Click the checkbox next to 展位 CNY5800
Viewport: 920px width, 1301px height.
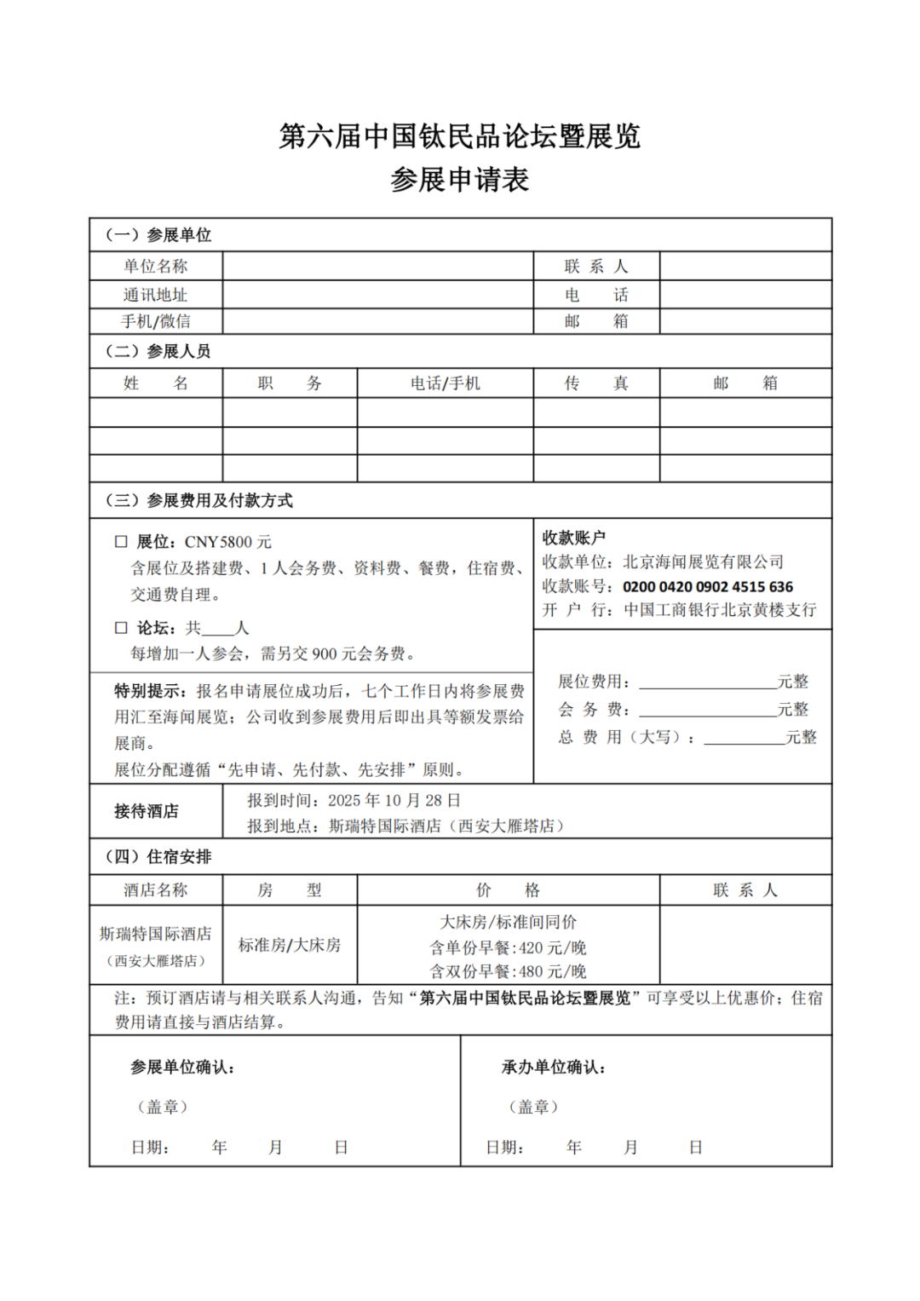pyautogui.click(x=121, y=542)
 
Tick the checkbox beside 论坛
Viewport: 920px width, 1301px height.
pyautogui.click(x=121, y=628)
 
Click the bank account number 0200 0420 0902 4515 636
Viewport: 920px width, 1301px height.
pyautogui.click(x=707, y=587)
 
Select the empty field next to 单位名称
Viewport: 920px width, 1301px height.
pyautogui.click(x=377, y=267)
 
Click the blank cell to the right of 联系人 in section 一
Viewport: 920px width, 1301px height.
pyautogui.click(x=745, y=267)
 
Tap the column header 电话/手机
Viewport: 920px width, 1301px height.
pyautogui.click(x=445, y=383)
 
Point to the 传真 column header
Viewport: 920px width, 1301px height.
pyautogui.click(x=596, y=383)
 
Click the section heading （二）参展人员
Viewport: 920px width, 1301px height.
pyautogui.click(x=158, y=351)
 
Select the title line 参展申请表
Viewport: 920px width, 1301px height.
pyautogui.click(x=460, y=180)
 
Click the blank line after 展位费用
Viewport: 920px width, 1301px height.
pyautogui.click(x=707, y=682)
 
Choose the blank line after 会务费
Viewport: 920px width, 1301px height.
pyautogui.click(x=707, y=710)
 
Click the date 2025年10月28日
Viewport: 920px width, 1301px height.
pyautogui.click(x=394, y=801)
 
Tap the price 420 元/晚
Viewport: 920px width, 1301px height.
pyautogui.click(x=552, y=947)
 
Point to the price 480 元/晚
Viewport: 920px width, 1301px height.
pyautogui.click(x=552, y=971)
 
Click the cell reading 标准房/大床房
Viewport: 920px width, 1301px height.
pyautogui.click(x=290, y=945)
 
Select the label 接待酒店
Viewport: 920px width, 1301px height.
pyautogui.click(x=147, y=811)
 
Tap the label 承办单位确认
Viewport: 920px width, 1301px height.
pyautogui.click(x=554, y=1068)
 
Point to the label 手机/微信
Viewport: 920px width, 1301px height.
pyautogui.click(x=156, y=321)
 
